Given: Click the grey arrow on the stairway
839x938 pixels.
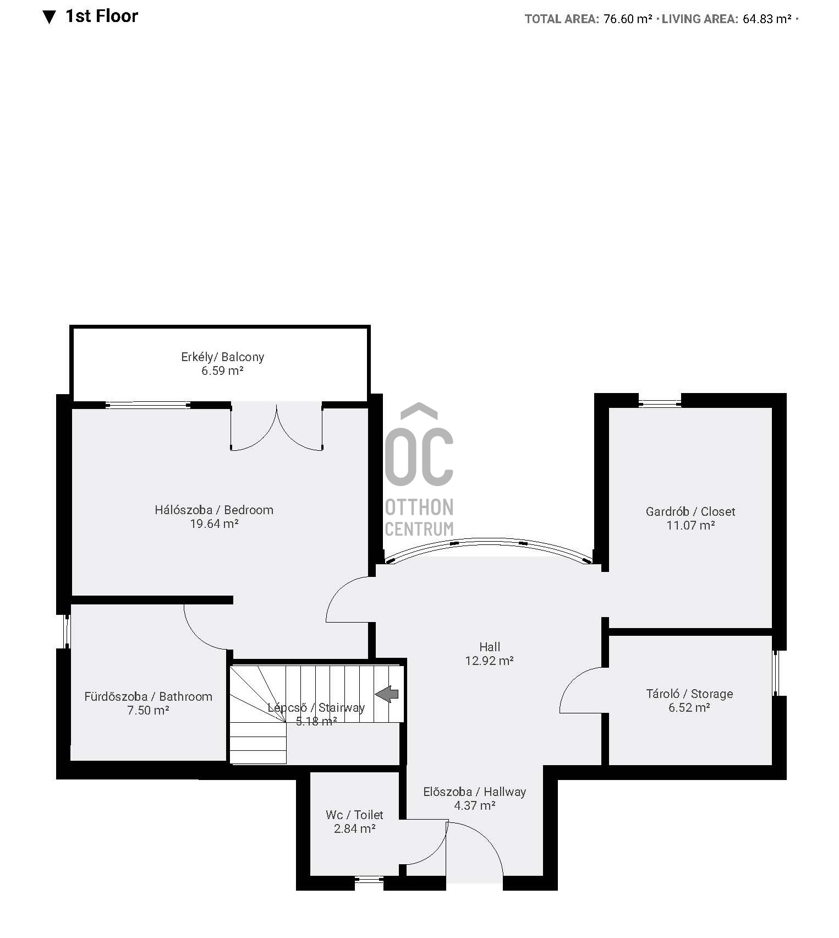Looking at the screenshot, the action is [387, 694].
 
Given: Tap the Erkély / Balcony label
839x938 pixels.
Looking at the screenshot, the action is [223, 357].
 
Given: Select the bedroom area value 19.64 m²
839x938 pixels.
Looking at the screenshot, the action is [214, 523].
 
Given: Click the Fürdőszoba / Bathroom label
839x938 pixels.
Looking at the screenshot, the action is [148, 696].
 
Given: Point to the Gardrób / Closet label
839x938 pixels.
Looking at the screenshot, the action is [690, 511].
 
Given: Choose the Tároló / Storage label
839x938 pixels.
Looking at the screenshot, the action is [689, 694].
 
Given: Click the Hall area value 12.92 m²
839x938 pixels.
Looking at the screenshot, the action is [490, 661].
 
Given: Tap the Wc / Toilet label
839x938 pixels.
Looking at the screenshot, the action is [354, 815].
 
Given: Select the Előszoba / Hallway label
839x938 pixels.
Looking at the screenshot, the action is [475, 792].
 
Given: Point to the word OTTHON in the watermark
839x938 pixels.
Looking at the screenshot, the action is [419, 507].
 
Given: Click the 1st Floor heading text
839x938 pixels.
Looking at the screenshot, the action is [102, 16].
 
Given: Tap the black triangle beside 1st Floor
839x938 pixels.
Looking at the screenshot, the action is [49, 18].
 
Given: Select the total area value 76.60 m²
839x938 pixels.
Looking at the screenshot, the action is [628, 19].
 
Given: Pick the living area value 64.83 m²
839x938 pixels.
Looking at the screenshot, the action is [767, 19].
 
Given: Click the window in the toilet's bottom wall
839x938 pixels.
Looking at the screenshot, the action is [369, 880].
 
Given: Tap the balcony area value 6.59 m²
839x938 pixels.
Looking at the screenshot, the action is [222, 370].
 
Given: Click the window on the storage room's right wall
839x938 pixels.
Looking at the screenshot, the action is [776, 673].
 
